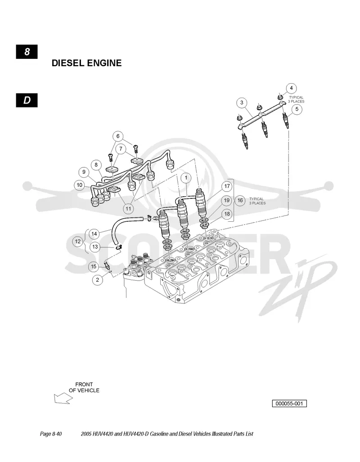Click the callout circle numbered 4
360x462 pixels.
(291, 88)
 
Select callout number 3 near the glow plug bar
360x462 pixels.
(242, 103)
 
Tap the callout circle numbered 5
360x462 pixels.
(297, 109)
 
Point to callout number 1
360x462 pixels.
(186, 178)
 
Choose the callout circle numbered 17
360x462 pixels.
(227, 186)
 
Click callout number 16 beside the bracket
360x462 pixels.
(240, 201)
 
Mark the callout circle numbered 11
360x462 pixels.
(128, 209)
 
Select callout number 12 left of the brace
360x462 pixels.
(78, 242)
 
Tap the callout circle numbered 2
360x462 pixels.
(98, 280)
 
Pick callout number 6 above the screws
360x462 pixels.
(118, 136)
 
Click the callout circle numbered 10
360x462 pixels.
(80, 185)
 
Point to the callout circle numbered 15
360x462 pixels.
(94, 267)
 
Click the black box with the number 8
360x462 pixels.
(27, 52)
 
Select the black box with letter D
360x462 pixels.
(27, 100)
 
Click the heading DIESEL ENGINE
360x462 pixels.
(87, 63)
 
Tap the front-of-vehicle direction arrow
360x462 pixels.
(63, 399)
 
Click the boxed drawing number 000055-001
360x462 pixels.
(289, 404)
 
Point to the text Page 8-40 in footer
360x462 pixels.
(51, 434)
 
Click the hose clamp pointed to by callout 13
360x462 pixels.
(119, 247)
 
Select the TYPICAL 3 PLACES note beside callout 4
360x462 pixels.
(296, 99)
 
